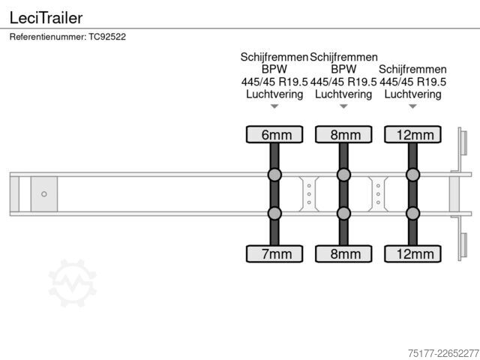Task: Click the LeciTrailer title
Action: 46,18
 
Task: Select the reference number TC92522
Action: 107,37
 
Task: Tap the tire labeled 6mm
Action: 274,134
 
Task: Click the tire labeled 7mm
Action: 274,253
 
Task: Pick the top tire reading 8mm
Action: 343,134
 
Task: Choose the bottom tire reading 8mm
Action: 343,253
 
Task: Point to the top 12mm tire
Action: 412,134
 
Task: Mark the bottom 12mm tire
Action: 412,253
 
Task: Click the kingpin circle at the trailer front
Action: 44,194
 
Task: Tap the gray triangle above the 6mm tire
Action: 274,106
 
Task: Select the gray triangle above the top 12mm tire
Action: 412,106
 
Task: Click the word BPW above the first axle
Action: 274,69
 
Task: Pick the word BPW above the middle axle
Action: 343,69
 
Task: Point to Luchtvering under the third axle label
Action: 412,94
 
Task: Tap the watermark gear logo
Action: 73,283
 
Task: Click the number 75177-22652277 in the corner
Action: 443,353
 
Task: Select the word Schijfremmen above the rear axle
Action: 412,70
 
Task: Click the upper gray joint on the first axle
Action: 274,175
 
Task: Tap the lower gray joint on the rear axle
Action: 412,213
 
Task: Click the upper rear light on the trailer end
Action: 463,142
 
